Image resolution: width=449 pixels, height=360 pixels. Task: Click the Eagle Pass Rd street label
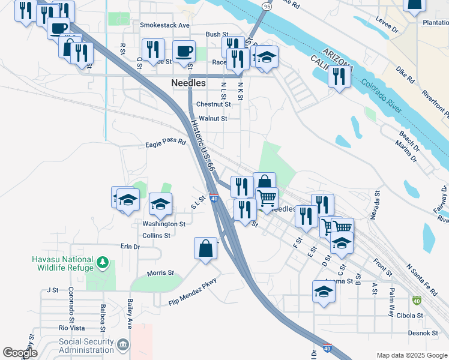[x=166, y=145]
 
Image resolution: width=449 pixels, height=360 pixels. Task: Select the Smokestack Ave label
[x=164, y=25]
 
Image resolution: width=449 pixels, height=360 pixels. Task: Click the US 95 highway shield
[x=267, y=6]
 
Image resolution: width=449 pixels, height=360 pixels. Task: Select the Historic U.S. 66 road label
[x=203, y=146]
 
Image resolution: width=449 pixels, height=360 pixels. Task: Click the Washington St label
[x=164, y=224]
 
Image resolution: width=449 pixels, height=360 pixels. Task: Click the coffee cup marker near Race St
[x=184, y=52]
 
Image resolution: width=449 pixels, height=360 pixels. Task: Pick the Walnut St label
[x=213, y=119]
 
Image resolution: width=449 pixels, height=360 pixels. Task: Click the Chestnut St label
[x=214, y=104]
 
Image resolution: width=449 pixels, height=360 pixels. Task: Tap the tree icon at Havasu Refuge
[x=103, y=263]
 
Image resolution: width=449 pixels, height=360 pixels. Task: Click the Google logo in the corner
[x=20, y=353]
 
